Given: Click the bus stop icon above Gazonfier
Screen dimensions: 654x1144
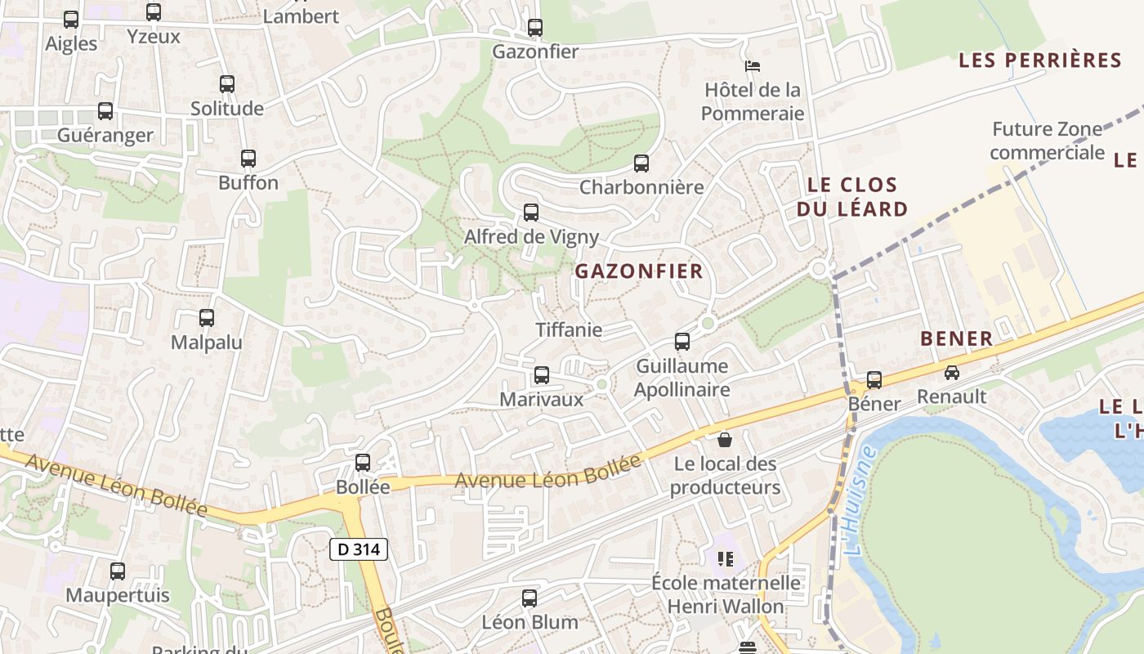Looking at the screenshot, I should [x=535, y=28].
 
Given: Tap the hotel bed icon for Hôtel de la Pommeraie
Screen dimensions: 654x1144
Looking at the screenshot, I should [x=753, y=65].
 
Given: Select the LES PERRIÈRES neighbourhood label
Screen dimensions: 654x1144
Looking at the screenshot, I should [x=1039, y=60].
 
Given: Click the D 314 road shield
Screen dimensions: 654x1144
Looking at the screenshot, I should [x=358, y=549].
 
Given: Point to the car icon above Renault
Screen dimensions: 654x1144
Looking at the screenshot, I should [x=951, y=373].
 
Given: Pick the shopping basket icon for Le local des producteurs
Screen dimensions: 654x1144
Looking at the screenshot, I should [x=724, y=441].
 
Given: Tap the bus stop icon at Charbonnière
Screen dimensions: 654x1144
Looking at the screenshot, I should [x=641, y=163].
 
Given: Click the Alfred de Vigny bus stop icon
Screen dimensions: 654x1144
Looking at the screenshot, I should [x=531, y=213].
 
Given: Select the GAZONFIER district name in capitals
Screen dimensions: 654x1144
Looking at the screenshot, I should [x=639, y=271].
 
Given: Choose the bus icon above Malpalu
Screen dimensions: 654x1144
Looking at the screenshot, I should [x=207, y=318].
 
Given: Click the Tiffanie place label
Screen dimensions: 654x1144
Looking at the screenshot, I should [x=569, y=330].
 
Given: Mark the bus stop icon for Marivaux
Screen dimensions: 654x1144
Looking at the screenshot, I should [x=541, y=375].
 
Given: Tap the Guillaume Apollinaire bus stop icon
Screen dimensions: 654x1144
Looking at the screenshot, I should [x=682, y=342].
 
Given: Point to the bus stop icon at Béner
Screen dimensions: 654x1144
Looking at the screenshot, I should [x=874, y=379].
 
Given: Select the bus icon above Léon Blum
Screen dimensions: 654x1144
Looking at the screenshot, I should [x=530, y=598].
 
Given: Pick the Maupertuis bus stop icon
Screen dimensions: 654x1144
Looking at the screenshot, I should [x=118, y=571].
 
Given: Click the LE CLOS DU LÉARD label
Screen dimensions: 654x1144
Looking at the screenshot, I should [x=852, y=197].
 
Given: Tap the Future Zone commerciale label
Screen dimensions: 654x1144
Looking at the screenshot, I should [x=1046, y=141].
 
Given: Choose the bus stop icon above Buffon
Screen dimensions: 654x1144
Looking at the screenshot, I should [x=248, y=159].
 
